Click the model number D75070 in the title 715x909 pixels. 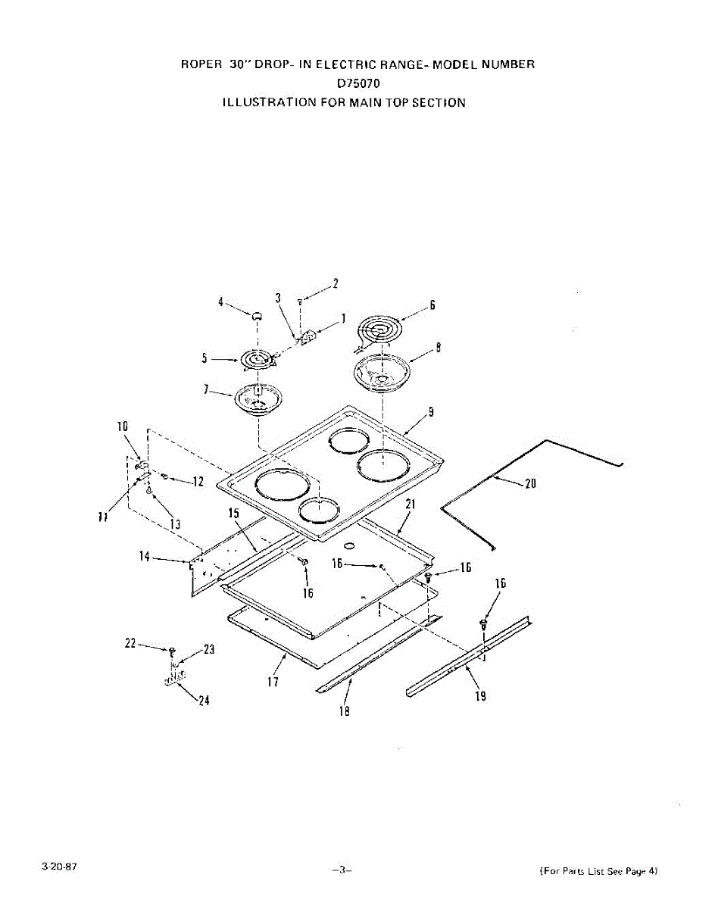tap(358, 83)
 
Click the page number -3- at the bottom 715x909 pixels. tap(342, 870)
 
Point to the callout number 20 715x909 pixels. tap(530, 484)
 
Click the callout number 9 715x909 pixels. tap(430, 413)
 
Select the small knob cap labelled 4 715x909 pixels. tap(257, 314)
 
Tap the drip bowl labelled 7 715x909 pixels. tap(258, 398)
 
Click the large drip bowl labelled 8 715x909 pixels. tap(382, 373)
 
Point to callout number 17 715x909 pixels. tap(273, 683)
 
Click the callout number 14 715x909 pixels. tap(143, 558)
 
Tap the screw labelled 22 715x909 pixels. tap(173, 651)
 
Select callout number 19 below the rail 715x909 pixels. tap(481, 696)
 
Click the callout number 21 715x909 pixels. tap(410, 504)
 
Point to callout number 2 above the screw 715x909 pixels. tap(336, 283)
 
